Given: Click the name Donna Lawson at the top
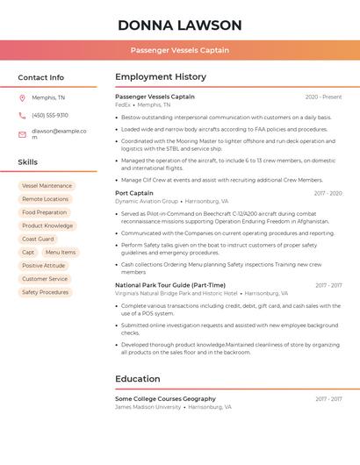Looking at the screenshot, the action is (179, 25).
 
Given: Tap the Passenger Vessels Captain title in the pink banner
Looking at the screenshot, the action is (179, 50).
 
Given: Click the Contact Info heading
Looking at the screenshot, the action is (40, 77).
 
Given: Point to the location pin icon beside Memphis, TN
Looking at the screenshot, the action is (22, 97).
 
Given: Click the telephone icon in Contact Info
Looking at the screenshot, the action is (22, 115).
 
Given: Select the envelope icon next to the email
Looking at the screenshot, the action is (22, 134).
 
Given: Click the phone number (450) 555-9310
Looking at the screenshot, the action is (50, 115).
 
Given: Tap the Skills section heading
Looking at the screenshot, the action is (27, 162).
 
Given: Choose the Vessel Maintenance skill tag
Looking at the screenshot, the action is (47, 186).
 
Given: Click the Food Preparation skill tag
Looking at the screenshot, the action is (44, 212).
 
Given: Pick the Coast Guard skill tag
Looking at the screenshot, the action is (38, 239).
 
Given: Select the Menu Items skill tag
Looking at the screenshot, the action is (61, 252).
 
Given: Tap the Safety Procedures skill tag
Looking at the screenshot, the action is (45, 292).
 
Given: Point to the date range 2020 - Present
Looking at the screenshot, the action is (323, 97).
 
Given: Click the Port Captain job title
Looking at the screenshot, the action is (133, 193).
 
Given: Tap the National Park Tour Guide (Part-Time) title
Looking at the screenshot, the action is (169, 285).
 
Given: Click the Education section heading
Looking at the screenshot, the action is (137, 379).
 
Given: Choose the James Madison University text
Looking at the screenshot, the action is (148, 407).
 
